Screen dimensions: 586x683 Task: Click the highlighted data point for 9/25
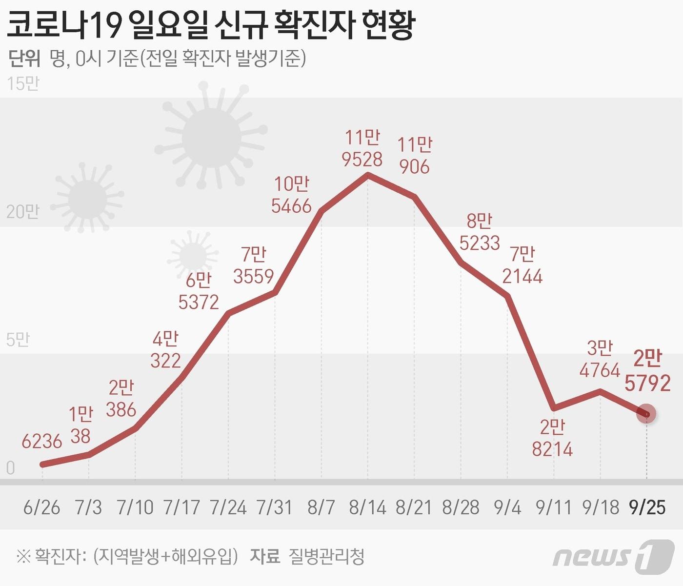point(647,414)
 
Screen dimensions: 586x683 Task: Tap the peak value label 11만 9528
point(362,148)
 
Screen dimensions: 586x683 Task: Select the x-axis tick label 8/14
point(367,507)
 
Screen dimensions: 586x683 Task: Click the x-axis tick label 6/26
point(41,507)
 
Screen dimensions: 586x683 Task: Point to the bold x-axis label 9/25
point(647,507)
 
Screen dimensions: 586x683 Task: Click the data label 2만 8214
point(552,438)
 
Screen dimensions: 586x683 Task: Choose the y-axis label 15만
point(23,83)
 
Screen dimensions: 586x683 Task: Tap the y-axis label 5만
point(18,340)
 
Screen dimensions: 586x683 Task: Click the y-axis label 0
point(10,468)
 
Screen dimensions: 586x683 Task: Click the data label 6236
point(42,442)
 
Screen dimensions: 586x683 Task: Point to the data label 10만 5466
point(291,195)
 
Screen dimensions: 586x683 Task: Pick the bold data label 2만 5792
point(647,371)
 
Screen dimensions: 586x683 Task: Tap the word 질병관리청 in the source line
point(326,556)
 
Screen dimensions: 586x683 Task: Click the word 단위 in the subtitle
point(24,59)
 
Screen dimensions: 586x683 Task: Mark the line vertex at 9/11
point(554,407)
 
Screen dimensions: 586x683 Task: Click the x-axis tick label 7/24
point(228,507)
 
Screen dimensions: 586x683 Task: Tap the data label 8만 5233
point(480,232)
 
